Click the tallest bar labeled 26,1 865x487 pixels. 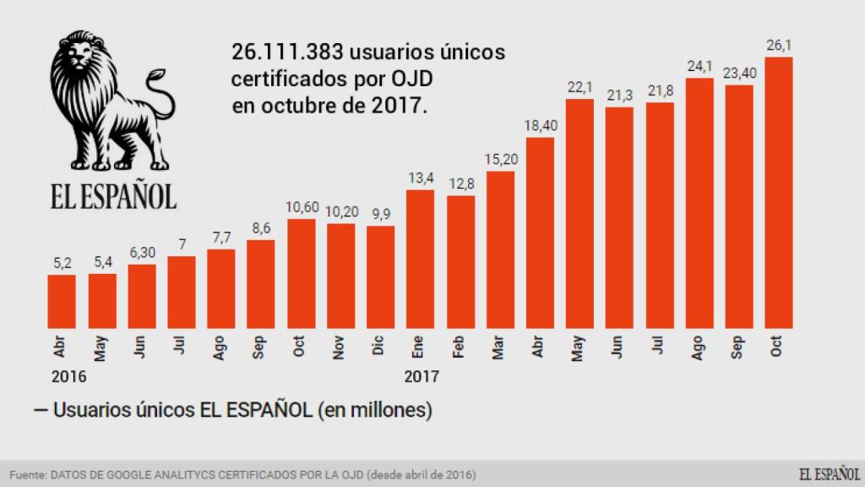[x=778, y=192]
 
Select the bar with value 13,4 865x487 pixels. [x=420, y=259]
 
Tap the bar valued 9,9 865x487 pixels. [x=380, y=276]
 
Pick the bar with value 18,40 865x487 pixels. [x=539, y=233]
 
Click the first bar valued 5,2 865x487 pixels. [x=62, y=301]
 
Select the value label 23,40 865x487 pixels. [x=738, y=74]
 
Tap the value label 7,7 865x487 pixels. [x=220, y=238]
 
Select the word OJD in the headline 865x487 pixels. [x=412, y=80]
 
